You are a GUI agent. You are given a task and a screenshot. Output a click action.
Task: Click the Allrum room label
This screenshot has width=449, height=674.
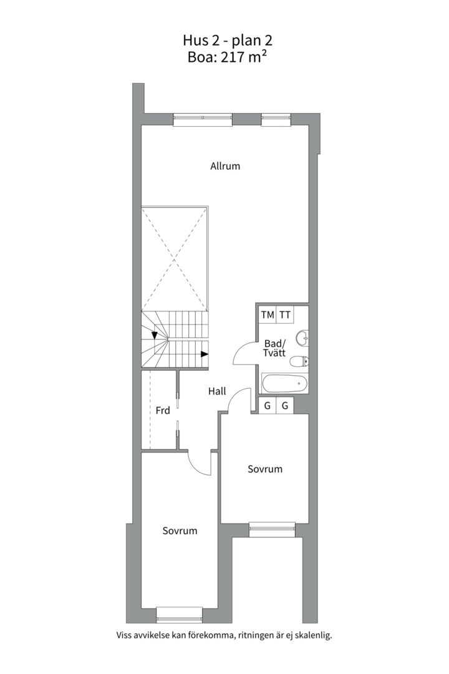[225, 167]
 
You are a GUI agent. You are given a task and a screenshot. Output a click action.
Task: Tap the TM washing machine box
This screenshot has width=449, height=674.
[268, 315]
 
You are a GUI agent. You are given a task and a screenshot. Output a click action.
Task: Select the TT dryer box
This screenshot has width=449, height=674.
[285, 315]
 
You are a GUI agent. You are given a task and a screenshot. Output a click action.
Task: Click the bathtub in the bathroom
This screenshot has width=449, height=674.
[285, 383]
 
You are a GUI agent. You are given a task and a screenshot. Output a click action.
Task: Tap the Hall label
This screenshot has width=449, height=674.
[217, 392]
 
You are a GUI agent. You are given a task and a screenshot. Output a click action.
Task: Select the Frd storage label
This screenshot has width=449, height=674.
[163, 411]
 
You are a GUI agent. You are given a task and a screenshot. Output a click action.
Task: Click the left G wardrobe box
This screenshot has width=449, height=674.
[268, 406]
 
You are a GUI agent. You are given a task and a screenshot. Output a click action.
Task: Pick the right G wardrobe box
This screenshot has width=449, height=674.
[285, 406]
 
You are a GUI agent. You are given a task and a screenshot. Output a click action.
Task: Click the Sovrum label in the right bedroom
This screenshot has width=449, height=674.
[265, 469]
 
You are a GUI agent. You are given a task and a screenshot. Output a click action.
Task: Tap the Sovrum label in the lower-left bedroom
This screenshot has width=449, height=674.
[180, 531]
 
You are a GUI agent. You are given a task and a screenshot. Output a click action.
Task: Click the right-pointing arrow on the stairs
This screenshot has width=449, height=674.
[205, 354]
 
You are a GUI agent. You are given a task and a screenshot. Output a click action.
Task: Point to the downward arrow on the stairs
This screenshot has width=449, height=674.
[154, 335]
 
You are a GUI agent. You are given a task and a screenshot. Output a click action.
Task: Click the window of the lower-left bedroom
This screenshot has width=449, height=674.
[179, 615]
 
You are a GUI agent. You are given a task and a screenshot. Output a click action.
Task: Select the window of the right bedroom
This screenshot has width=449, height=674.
[272, 529]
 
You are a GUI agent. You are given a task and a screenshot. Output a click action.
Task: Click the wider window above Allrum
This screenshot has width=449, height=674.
[203, 119]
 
